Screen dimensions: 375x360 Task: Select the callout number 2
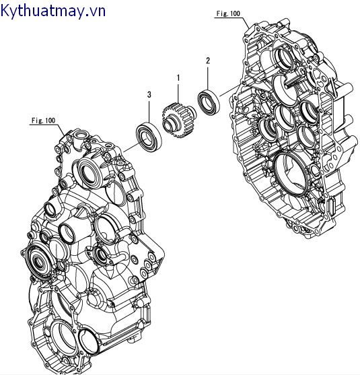click(x=208, y=61)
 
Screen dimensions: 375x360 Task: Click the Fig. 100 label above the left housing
click(x=43, y=121)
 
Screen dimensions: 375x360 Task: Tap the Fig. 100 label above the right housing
click(x=229, y=13)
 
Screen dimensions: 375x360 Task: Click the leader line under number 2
click(x=208, y=76)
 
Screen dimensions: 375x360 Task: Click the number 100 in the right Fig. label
click(x=235, y=13)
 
